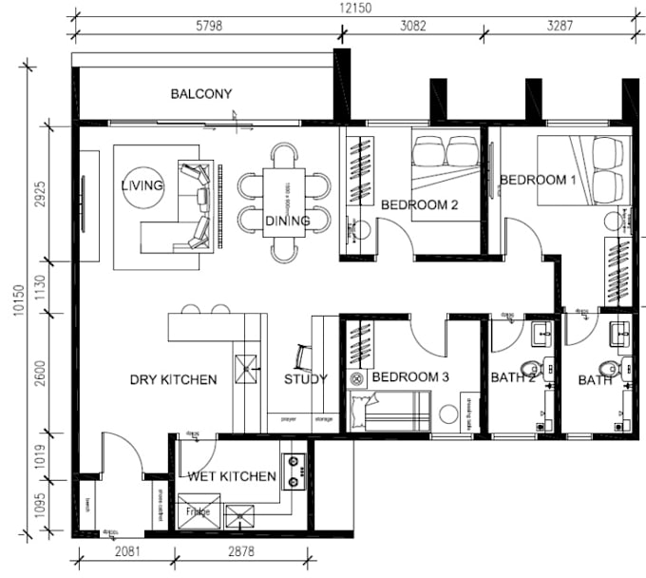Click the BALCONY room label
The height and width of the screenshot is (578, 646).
point(201,93)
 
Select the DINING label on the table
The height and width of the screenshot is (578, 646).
point(287,222)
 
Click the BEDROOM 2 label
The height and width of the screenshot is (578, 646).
point(420,204)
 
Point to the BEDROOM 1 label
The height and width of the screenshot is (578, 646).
point(538,180)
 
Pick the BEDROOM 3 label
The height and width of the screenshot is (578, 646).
point(410,377)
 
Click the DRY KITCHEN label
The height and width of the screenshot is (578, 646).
point(173,379)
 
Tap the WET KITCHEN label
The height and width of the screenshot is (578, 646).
point(232,475)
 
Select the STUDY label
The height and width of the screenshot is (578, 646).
point(306,378)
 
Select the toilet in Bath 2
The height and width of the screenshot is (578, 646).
point(532,368)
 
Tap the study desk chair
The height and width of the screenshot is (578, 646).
point(302,356)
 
